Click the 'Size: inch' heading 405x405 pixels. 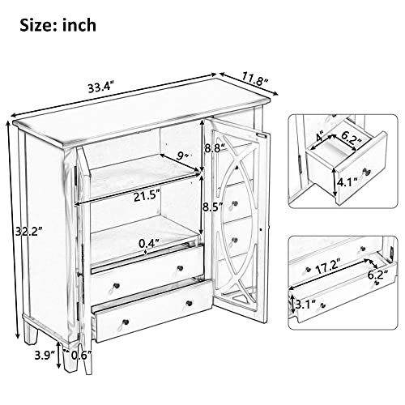coord(58,25)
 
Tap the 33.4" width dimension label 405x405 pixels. coord(100,87)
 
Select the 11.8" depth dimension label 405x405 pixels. coord(254,79)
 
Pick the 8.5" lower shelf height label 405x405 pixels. coord(213,208)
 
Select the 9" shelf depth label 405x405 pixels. coord(183,156)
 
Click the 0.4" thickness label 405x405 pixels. coord(148,244)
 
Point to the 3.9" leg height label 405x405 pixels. coord(45,356)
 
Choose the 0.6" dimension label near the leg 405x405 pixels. coord(81,356)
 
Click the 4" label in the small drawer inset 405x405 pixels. coord(321,138)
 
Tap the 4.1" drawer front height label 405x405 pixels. coord(347,183)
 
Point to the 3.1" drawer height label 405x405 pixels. coord(305,305)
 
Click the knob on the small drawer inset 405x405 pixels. coord(366,171)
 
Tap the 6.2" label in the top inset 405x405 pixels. coord(352,140)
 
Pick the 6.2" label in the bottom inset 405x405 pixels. coord(377,275)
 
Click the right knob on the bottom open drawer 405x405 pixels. coord(190,303)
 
